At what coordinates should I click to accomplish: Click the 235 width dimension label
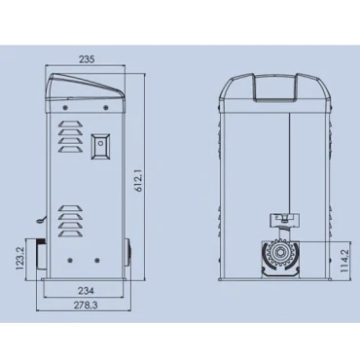click(x=87, y=59)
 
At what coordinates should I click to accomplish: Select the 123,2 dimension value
click(x=19, y=259)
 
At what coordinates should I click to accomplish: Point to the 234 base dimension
click(x=86, y=291)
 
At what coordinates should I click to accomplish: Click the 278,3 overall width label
click(x=86, y=305)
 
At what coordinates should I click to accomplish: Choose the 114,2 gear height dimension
click(x=344, y=261)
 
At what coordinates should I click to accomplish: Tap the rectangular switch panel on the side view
click(x=100, y=147)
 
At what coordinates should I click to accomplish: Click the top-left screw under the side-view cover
click(x=65, y=107)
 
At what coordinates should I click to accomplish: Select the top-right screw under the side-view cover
click(x=105, y=107)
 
